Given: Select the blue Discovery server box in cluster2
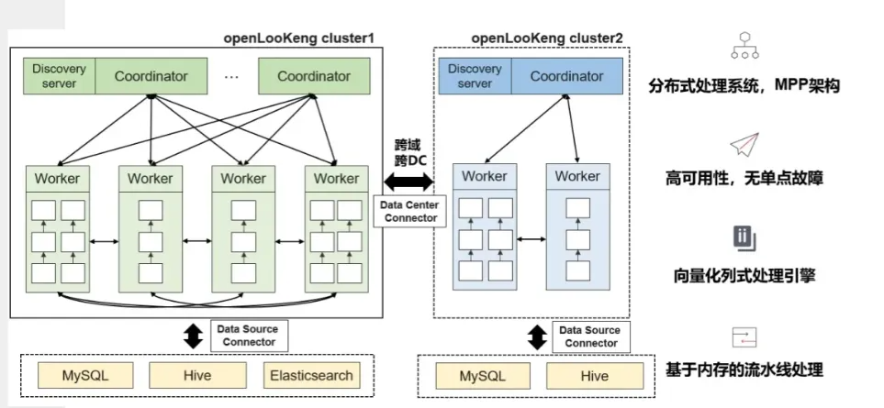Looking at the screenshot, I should [x=475, y=76].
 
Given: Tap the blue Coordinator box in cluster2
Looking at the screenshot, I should [x=566, y=76].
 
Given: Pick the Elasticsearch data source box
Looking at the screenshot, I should [x=310, y=375].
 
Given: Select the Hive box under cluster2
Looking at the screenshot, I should [x=594, y=376].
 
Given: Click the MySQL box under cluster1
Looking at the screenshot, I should [x=85, y=375].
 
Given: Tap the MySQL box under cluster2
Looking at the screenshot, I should [x=483, y=376].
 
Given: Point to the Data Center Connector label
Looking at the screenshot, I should [x=409, y=212].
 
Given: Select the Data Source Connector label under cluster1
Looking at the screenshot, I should [x=247, y=336].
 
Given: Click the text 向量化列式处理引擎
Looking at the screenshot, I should [x=744, y=273].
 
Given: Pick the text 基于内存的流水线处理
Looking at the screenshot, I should [x=744, y=370].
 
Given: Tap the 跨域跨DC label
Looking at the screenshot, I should [x=409, y=152].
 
